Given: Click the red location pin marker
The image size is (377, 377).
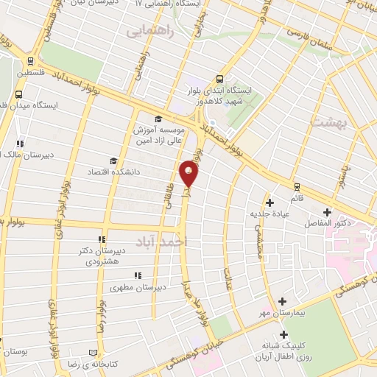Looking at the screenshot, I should click(x=190, y=173).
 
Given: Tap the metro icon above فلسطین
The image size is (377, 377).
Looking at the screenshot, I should click(x=29, y=61).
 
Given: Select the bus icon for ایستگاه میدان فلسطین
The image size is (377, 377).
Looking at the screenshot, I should click(x=18, y=94).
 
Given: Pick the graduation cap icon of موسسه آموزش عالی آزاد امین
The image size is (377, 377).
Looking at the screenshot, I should click(x=157, y=119).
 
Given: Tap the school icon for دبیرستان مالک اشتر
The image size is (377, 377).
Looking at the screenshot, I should click(x=20, y=144).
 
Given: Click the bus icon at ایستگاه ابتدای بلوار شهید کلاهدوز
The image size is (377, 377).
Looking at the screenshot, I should click(x=219, y=79).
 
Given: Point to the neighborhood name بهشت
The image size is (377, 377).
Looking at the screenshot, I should click(x=328, y=122).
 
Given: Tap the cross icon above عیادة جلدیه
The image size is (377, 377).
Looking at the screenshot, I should click(x=269, y=202).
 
